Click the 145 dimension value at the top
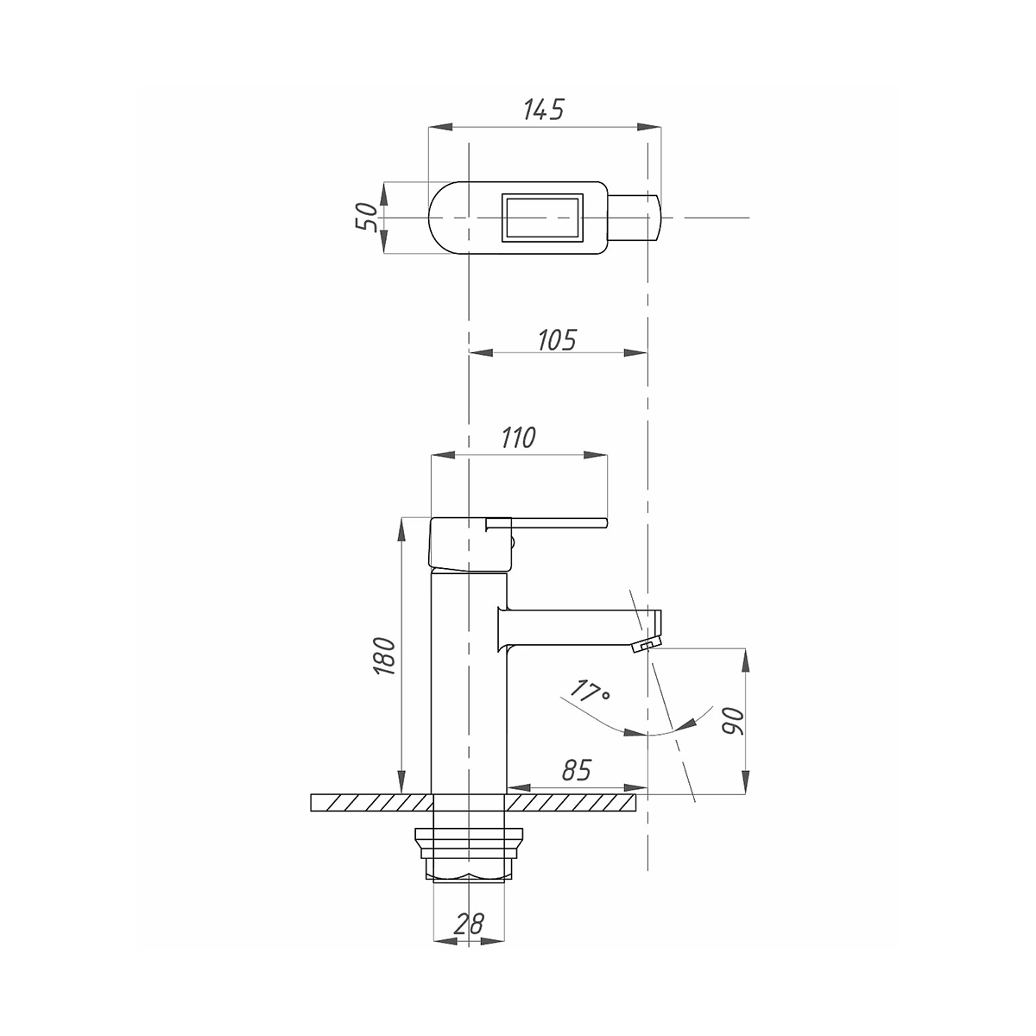click(544, 110)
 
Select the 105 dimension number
click(557, 340)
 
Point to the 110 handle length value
click(518, 438)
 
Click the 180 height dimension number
click(384, 656)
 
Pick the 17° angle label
click(590, 691)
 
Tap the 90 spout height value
click(733, 722)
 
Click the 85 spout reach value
click(577, 770)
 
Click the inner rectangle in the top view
click(542, 218)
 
